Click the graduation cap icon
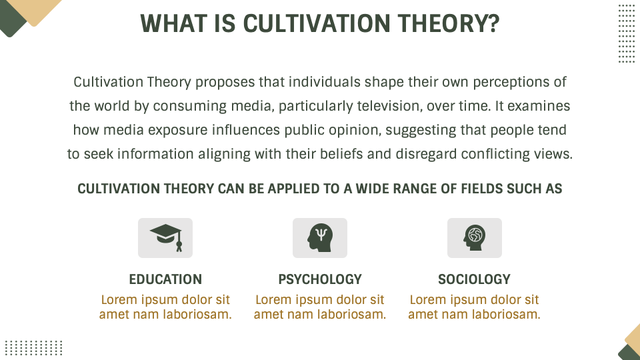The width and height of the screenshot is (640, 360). [165, 237]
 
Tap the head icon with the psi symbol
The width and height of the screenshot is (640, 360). [320, 237]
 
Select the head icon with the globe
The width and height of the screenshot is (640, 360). [474, 237]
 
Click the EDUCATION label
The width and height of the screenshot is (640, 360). [165, 279]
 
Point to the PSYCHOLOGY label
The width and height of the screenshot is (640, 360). [320, 279]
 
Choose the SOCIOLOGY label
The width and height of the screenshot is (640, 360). [474, 279]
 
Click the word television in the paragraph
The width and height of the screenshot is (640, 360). [384, 106]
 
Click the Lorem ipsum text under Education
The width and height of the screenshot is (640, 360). [165, 307]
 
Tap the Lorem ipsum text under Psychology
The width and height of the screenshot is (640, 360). [320, 307]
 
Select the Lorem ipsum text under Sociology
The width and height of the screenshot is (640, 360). [474, 307]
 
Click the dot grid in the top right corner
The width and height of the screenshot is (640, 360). [626, 33]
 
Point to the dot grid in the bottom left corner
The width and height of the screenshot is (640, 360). [34, 347]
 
